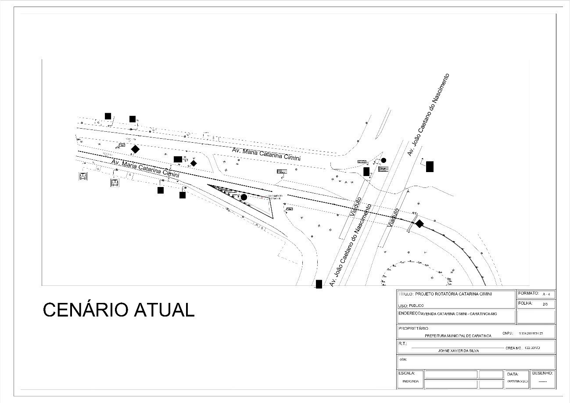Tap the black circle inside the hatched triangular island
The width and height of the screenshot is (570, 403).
[244, 197]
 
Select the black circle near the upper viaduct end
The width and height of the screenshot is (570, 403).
[384, 160]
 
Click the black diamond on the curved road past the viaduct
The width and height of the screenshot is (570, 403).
[419, 224]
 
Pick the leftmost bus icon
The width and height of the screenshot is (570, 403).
[82, 176]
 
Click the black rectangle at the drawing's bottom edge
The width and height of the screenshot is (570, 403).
[319, 284]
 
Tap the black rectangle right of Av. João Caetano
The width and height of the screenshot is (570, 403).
[430, 166]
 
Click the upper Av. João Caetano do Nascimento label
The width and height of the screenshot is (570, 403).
[429, 115]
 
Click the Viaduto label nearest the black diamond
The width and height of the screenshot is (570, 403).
[394, 217]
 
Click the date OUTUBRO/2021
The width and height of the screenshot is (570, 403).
[518, 381]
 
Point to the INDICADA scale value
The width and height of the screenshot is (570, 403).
[411, 381]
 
